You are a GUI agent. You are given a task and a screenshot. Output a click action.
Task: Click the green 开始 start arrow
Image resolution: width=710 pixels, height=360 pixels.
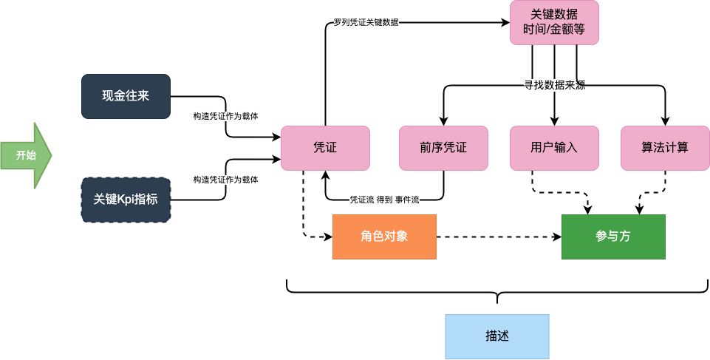[x=26, y=155]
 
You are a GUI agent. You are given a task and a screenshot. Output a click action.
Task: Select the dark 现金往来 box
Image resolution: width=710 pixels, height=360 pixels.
[x=126, y=96]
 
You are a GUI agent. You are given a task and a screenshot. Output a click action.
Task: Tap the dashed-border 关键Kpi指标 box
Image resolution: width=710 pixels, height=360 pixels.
[x=126, y=200]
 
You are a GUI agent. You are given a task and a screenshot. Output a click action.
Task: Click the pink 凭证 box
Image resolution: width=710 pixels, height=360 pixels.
[x=325, y=148]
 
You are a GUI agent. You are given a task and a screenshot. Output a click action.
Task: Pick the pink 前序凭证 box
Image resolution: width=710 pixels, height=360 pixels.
[x=443, y=148]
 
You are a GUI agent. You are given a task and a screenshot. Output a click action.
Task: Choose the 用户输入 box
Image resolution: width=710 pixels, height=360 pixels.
[x=554, y=148]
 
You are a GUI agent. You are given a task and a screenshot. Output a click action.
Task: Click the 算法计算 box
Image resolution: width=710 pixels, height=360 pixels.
[x=665, y=148]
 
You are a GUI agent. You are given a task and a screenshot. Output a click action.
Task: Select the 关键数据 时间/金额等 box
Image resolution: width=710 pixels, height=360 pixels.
[x=554, y=23]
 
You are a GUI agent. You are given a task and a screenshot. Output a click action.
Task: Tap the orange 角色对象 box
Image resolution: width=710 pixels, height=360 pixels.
[x=384, y=237]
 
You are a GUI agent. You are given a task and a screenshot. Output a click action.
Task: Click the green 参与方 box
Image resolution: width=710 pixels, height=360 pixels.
[x=613, y=237]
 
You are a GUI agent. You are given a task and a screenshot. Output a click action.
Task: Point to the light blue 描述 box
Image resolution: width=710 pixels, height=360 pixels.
[x=497, y=336]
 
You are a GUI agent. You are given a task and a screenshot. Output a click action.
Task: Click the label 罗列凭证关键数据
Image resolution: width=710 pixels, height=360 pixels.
[x=366, y=22]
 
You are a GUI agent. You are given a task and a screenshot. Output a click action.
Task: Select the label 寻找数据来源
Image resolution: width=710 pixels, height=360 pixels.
[x=555, y=85]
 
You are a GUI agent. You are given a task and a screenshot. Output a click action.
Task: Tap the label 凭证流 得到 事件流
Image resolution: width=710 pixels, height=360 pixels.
[x=384, y=200]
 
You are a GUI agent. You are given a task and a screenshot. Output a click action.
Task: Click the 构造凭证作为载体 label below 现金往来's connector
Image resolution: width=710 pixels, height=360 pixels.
[x=225, y=116]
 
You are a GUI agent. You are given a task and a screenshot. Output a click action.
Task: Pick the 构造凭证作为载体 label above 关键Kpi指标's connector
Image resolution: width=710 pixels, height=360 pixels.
[x=225, y=180]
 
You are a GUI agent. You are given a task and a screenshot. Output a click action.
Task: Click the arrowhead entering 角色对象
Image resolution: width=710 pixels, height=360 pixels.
[x=330, y=237]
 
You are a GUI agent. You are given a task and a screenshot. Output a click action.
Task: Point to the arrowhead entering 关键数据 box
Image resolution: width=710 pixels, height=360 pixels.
[x=506, y=23]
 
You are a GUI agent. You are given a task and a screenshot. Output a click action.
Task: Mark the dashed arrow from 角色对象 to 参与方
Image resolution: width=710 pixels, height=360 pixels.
[x=499, y=237]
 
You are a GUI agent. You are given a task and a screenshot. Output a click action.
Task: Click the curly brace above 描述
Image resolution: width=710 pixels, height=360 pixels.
[x=497, y=292]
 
